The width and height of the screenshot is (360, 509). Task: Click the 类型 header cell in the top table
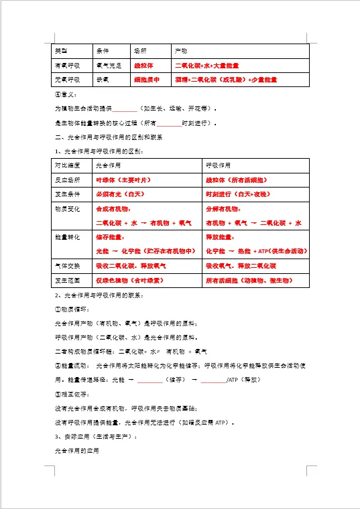click(62, 50)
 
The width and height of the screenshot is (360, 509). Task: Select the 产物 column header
click(181, 50)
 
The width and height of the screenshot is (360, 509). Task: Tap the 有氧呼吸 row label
click(67, 66)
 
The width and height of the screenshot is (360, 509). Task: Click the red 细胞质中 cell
click(147, 80)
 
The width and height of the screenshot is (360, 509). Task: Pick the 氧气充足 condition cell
click(109, 66)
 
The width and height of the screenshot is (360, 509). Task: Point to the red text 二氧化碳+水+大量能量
click(207, 66)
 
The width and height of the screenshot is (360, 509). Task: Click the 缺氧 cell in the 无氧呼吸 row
click(103, 80)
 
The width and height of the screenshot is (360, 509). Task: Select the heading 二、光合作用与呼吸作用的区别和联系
click(108, 137)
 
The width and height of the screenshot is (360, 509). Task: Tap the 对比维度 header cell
click(67, 165)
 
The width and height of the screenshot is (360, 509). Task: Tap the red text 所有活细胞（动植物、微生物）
click(250, 280)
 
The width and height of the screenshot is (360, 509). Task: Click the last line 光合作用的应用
click(76, 451)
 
